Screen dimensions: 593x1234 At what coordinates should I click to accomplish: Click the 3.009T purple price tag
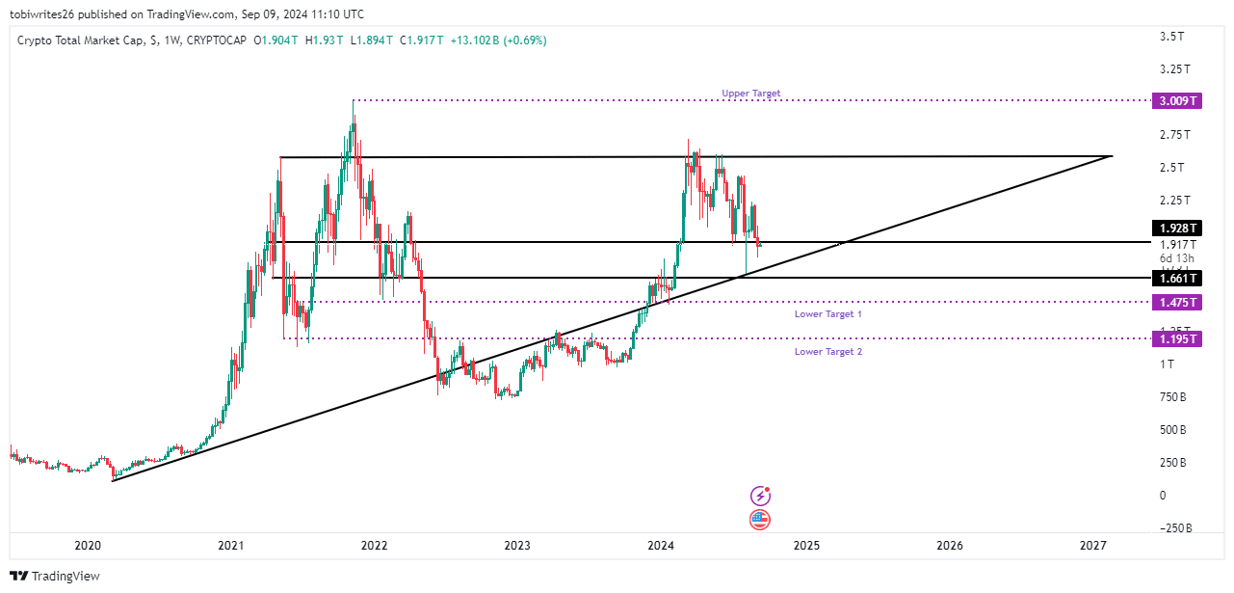[x=1177, y=100]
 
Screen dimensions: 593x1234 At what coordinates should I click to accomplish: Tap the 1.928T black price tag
[x=1177, y=229]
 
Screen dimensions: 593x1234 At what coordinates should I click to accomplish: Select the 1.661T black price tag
[x=1177, y=279]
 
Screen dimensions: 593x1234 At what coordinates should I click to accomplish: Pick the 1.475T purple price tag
[x=1177, y=303]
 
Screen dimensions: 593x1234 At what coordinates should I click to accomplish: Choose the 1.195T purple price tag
[x=1177, y=338]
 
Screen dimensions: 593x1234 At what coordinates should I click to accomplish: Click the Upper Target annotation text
[x=750, y=94]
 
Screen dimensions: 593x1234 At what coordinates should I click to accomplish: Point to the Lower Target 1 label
[x=827, y=314]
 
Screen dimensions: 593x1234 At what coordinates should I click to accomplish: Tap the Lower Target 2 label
[x=827, y=352]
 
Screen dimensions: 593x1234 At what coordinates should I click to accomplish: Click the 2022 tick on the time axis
[x=374, y=546]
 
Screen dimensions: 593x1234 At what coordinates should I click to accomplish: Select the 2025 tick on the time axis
[x=806, y=546]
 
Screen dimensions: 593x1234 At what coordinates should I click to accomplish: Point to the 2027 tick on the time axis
[x=1092, y=546]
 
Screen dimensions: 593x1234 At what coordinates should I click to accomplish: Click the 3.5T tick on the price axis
[x=1171, y=37]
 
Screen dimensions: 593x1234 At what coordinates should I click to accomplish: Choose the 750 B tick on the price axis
[x=1171, y=396]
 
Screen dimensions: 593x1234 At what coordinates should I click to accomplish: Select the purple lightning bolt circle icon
[x=760, y=497]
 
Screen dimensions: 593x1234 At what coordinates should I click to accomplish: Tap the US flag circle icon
[x=760, y=520]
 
